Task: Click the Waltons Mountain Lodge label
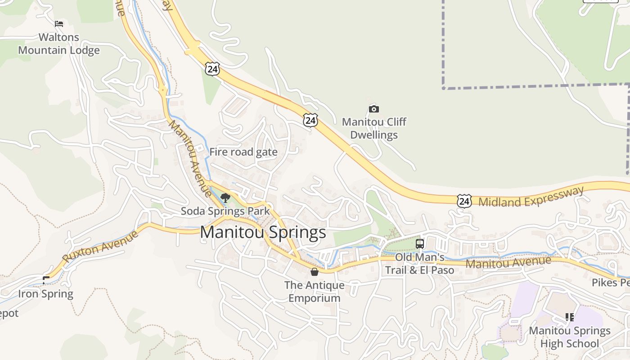58,44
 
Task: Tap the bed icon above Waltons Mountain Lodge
59,24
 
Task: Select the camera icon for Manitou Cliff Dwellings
373,109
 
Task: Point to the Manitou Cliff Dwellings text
374,128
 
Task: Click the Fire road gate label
243,152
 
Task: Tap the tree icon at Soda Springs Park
225,198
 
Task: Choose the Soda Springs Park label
225,211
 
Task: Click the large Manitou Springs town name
263,232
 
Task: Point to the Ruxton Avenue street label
100,246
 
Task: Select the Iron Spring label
45,294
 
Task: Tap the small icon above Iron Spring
45,280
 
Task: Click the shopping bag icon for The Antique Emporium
315,272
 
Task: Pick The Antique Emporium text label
315,292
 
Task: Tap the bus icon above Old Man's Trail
420,244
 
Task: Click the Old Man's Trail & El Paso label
419,264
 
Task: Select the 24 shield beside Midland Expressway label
464,201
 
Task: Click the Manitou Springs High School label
570,337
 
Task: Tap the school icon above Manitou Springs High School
570,317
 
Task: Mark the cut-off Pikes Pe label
611,283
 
